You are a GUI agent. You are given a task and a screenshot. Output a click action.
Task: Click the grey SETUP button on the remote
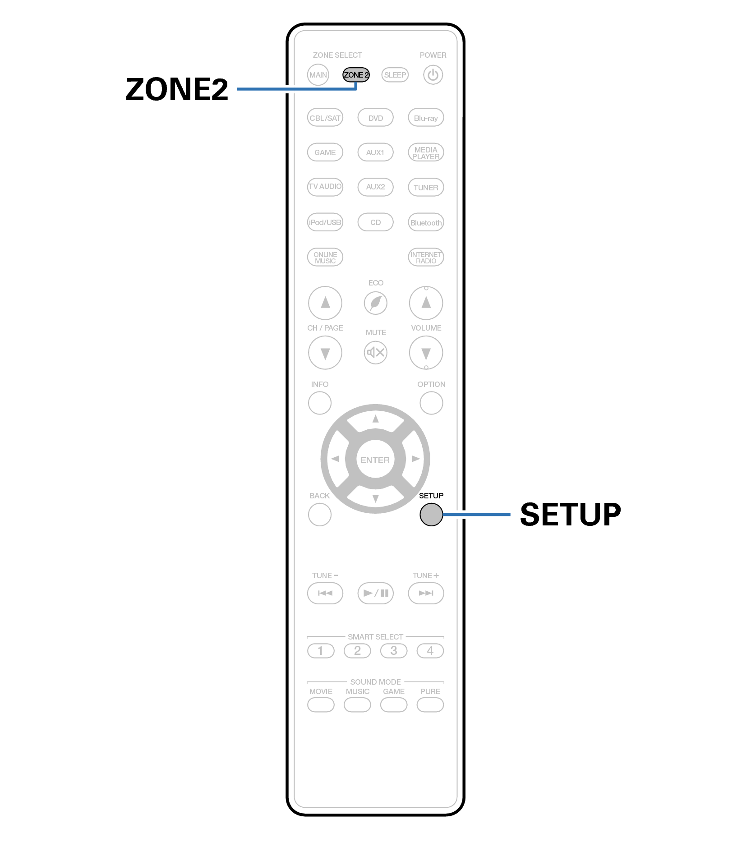(431, 514)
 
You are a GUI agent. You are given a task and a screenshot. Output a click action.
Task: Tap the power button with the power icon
(433, 75)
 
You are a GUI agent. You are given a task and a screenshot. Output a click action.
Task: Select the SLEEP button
(395, 75)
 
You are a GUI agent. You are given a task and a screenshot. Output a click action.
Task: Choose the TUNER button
(426, 187)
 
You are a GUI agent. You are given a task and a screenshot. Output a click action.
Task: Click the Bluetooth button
(426, 222)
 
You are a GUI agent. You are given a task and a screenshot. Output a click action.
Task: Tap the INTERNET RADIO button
(426, 257)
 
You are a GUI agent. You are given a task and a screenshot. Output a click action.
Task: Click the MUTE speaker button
(376, 352)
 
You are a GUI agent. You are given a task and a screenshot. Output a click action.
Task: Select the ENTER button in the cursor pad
(375, 460)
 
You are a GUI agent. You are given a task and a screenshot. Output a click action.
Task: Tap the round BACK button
(320, 514)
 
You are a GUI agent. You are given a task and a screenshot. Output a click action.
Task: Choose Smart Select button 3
(394, 650)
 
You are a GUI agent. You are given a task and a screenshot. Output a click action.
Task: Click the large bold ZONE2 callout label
(177, 89)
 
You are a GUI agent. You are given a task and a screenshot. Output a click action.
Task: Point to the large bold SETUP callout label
(571, 514)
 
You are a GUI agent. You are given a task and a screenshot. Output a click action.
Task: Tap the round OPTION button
(431, 403)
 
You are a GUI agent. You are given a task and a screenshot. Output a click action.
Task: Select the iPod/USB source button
(325, 222)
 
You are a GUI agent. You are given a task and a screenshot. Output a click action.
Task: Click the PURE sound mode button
(430, 704)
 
